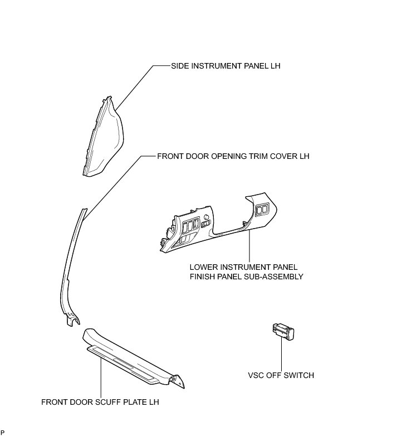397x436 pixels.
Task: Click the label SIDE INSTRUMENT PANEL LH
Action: click(226, 66)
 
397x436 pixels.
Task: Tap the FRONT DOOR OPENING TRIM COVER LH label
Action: click(233, 157)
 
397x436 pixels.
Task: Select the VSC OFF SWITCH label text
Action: click(282, 375)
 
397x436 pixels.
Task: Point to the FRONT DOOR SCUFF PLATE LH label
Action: click(104, 401)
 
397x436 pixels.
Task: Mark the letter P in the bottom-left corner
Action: click(3, 433)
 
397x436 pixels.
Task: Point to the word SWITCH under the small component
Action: click(299, 375)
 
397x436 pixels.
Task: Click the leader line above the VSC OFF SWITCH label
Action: click(282, 354)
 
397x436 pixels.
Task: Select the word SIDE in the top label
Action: click(180, 66)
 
